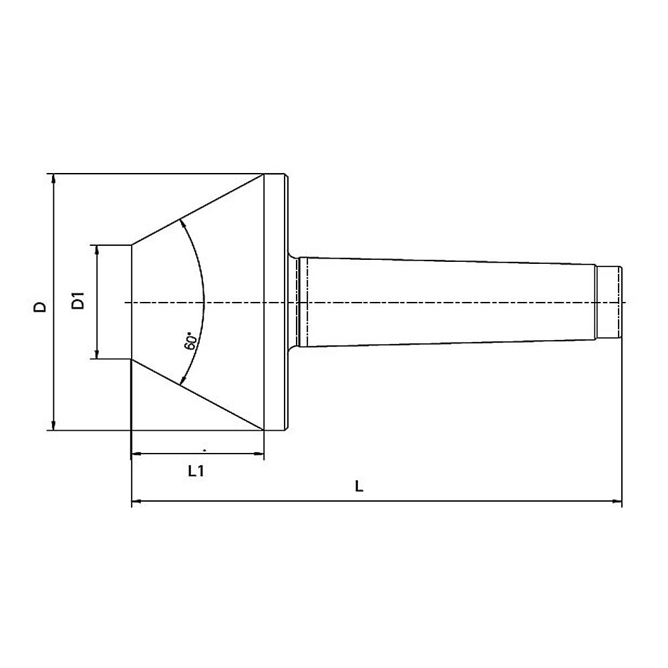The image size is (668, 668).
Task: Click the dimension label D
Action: click(40, 307)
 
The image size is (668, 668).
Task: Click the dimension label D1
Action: click(78, 301)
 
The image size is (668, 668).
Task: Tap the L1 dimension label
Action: click(196, 471)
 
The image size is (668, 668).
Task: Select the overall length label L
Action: click(359, 486)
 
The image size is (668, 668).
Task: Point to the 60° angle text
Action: click(191, 341)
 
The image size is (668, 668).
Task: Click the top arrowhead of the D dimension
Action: click(53, 178)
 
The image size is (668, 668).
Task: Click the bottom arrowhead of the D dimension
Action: click(53, 425)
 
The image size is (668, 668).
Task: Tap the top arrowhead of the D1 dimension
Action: click(97, 250)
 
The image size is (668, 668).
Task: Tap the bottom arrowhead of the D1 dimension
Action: click(97, 354)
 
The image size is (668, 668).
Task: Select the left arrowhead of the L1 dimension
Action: click(136, 454)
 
